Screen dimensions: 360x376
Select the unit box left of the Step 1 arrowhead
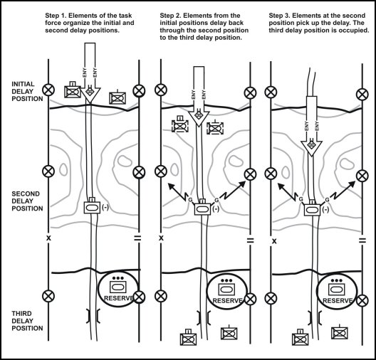tap(73, 90)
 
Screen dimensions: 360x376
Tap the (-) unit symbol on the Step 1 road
tap(93, 208)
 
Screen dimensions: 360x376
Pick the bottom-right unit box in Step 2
tap(228, 334)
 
